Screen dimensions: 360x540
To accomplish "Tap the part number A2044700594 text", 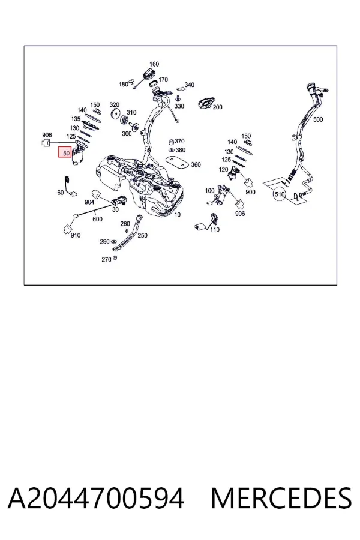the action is [96, 498].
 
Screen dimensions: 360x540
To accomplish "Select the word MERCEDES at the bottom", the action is [281, 498].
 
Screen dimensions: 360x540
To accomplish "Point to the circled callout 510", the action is [280, 194].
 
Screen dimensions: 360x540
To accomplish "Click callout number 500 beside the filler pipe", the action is [318, 119].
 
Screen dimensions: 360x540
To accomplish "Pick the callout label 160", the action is [154, 64].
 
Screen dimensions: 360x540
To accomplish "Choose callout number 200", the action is [217, 107].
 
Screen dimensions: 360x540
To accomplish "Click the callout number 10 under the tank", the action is [178, 215].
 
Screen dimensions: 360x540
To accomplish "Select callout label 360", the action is [196, 164].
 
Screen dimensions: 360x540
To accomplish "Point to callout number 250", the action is [142, 236].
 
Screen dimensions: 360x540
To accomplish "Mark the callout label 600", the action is [97, 219].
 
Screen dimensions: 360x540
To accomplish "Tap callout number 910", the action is [76, 235].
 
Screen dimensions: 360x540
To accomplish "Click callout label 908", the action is [47, 135].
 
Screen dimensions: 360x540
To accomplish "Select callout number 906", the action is [240, 214].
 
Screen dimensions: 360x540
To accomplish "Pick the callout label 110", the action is [215, 230].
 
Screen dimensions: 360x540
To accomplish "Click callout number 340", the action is [189, 85].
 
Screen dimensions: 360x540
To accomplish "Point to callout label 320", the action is [115, 104].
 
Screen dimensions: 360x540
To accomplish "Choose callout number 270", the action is [106, 260].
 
